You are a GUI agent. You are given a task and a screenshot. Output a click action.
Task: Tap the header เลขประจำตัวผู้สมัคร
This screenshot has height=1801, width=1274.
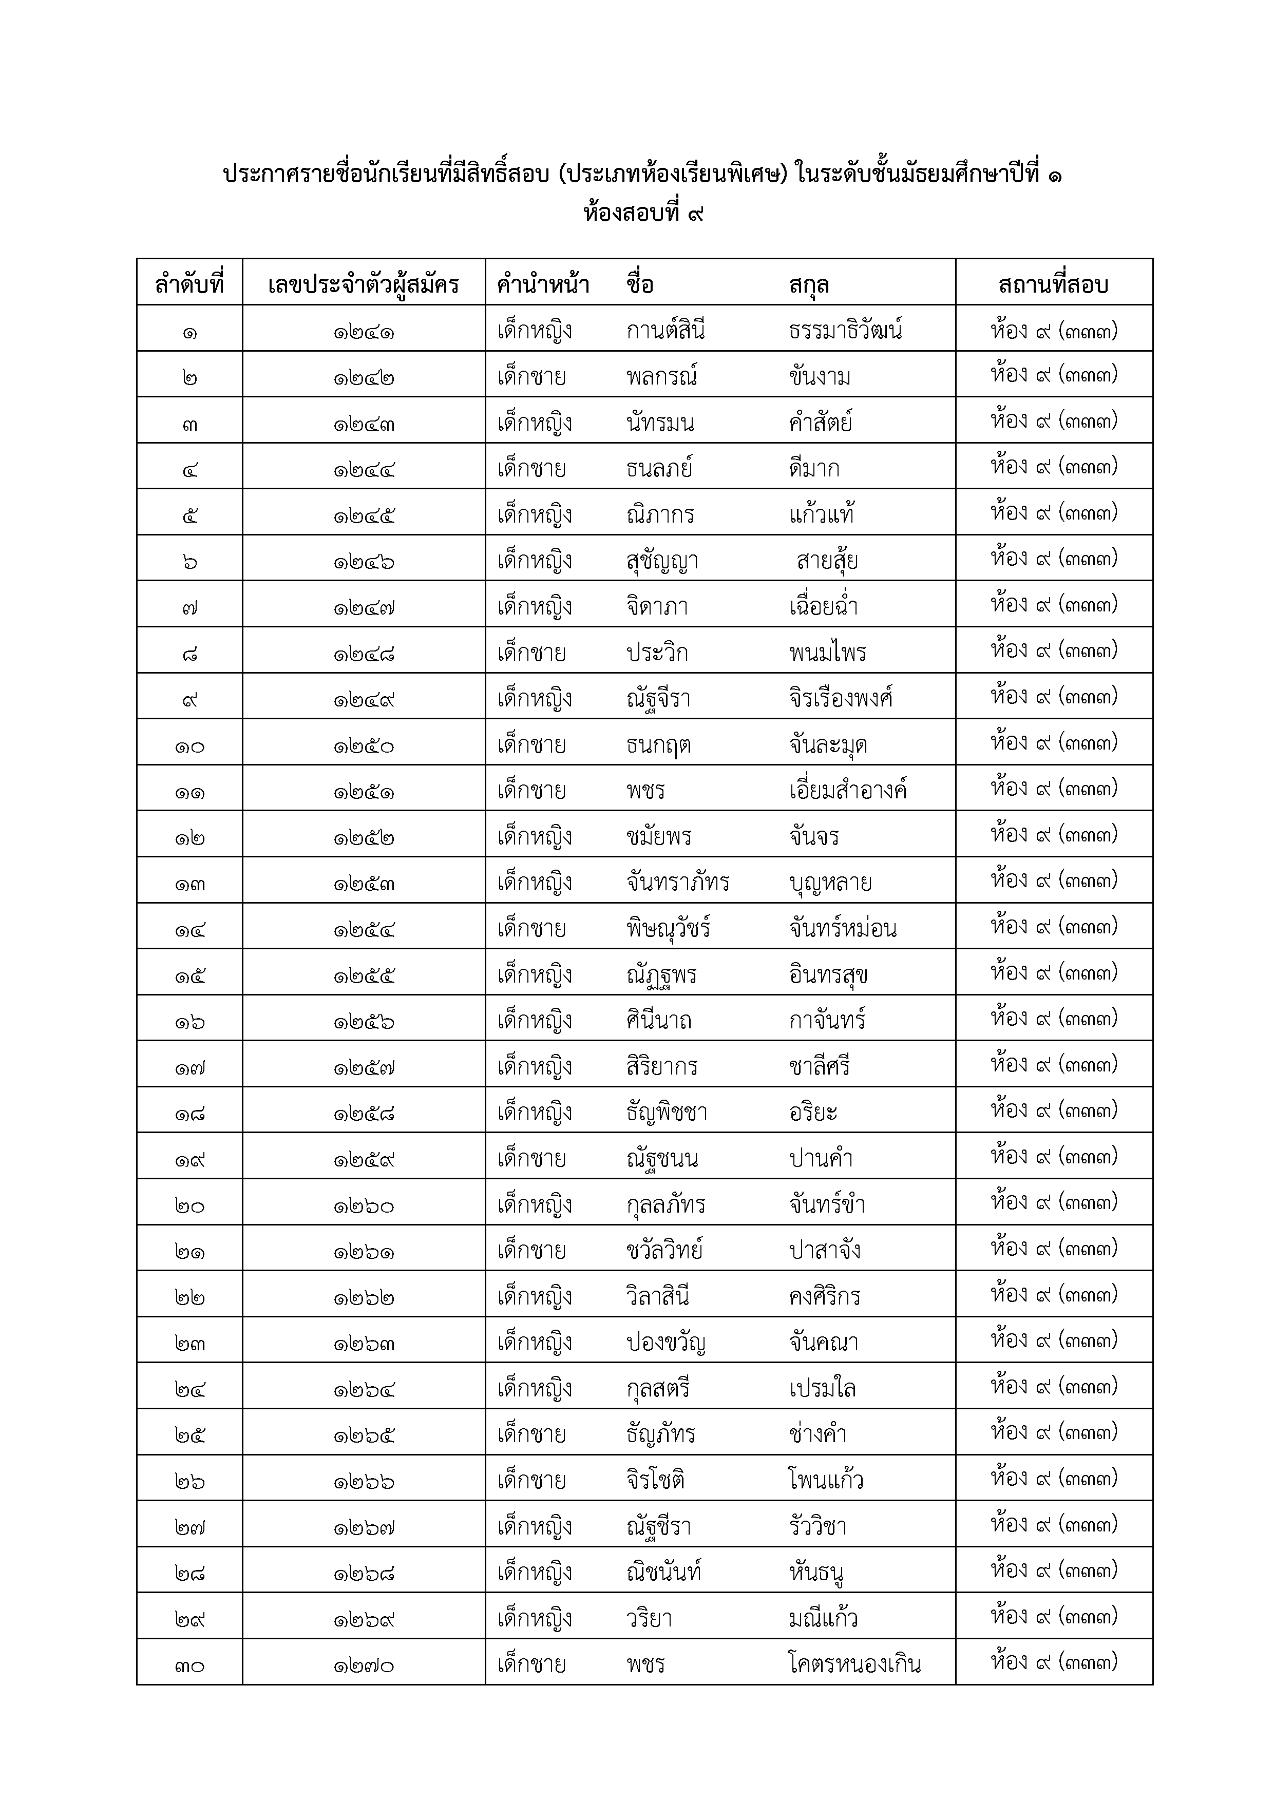click(x=363, y=283)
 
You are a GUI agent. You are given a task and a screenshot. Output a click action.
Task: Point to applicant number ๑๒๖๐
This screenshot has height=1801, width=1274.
click(x=363, y=1205)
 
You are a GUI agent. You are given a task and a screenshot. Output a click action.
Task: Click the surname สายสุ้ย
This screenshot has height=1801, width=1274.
click(x=827, y=561)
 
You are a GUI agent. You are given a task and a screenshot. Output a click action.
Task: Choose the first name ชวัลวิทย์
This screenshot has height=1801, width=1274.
click(x=663, y=1250)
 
